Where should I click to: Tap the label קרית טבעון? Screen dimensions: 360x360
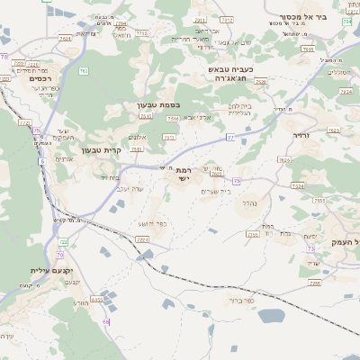coord(100,150)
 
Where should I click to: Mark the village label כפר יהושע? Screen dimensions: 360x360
coord(153,223)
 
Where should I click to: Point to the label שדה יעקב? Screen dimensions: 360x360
coord(130,189)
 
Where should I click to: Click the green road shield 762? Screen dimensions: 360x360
coord(83,70)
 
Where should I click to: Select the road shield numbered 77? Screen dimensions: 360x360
coord(230,137)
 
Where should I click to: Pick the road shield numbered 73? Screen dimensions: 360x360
coord(310,247)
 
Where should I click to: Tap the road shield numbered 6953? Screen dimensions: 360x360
coord(96,299)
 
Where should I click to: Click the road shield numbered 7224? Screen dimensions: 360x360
coord(141,239)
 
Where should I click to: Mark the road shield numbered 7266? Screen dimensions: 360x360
coord(315,283)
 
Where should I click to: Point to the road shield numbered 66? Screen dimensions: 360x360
coord(105,321)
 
